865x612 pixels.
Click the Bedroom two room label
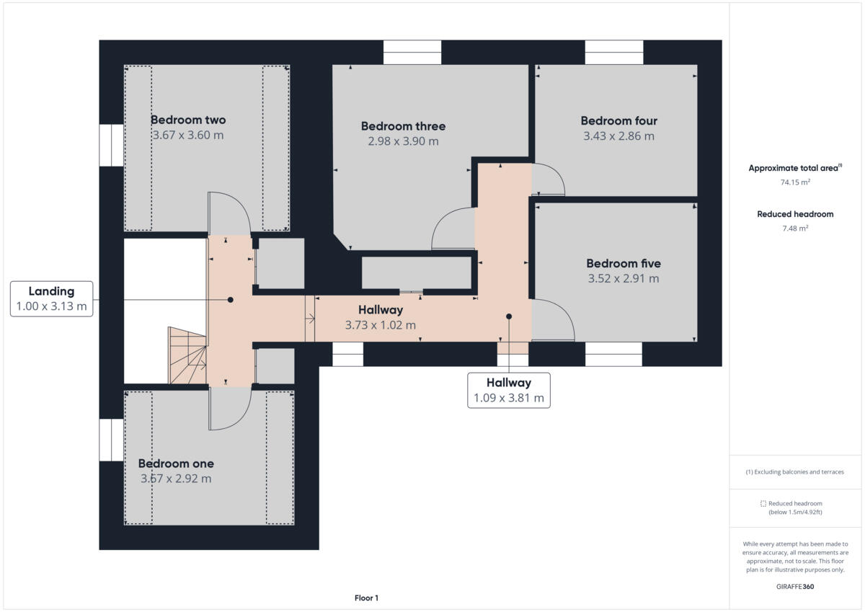[187, 120]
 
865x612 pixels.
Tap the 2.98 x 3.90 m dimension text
[403, 141]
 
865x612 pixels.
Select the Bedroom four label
[618, 120]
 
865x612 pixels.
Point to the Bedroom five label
[623, 263]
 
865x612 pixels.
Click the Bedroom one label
[176, 464]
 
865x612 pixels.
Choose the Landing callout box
[51, 298]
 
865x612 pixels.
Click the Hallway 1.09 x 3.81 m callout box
[508, 390]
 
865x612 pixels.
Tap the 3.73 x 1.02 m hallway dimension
[380, 325]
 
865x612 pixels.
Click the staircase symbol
[187, 355]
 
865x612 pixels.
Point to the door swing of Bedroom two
[229, 214]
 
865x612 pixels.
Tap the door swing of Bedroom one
[229, 407]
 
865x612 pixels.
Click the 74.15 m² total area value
[795, 182]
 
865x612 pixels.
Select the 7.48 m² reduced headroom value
[795, 229]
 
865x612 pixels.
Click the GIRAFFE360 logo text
[795, 587]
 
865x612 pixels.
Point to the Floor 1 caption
[366, 598]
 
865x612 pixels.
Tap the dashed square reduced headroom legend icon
[763, 503]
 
